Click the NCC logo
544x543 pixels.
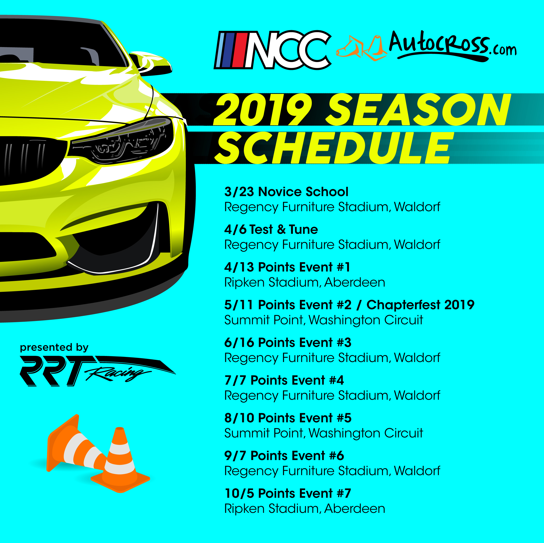point(273,50)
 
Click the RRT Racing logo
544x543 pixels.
point(97,371)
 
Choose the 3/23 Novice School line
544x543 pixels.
point(286,192)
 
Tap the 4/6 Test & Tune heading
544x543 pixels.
point(271,230)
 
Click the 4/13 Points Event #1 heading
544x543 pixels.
point(287,267)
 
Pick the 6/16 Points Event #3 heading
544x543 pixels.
point(288,342)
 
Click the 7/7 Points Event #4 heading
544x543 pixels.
point(284,380)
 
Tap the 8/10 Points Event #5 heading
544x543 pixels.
point(288,418)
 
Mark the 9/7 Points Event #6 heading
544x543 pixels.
point(284,456)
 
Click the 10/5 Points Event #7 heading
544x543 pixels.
point(288,493)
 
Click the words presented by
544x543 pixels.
point(54,348)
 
